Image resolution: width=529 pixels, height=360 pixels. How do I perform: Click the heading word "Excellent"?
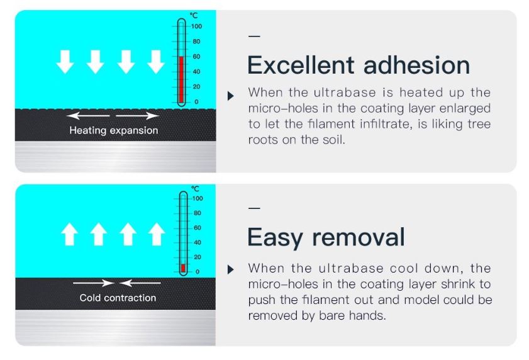click(x=301, y=65)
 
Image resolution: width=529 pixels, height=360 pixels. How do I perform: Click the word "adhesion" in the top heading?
click(x=417, y=65)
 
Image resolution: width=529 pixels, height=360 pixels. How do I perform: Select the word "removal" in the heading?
click(x=359, y=237)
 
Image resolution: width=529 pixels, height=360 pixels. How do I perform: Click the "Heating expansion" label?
click(x=114, y=130)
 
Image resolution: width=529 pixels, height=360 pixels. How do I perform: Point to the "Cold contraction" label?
click(x=118, y=298)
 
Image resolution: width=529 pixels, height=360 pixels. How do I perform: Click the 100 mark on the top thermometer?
click(x=197, y=26)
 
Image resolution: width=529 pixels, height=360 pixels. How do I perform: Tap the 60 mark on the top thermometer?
click(x=196, y=57)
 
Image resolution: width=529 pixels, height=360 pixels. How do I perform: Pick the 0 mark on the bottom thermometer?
click(x=198, y=271)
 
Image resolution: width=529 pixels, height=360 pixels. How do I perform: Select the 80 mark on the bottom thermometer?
click(x=198, y=213)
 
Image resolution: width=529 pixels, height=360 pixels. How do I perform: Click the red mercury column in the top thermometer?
click(x=182, y=79)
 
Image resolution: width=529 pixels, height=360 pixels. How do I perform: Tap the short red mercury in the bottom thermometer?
click(x=183, y=268)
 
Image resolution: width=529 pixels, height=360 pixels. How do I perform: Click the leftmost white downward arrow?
click(x=65, y=62)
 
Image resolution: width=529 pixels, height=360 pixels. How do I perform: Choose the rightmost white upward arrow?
click(x=157, y=233)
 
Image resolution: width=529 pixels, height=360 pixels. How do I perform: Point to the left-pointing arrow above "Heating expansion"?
click(x=88, y=116)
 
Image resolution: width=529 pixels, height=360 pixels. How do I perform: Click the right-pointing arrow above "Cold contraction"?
click(x=94, y=283)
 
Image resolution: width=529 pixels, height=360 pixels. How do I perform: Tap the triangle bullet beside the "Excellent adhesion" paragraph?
click(x=231, y=96)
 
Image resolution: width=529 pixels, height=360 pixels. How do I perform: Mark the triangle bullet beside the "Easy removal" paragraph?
click(x=231, y=269)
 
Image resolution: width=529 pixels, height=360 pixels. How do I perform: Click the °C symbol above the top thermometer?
click(x=194, y=15)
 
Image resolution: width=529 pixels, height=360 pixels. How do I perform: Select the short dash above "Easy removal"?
click(x=254, y=208)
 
